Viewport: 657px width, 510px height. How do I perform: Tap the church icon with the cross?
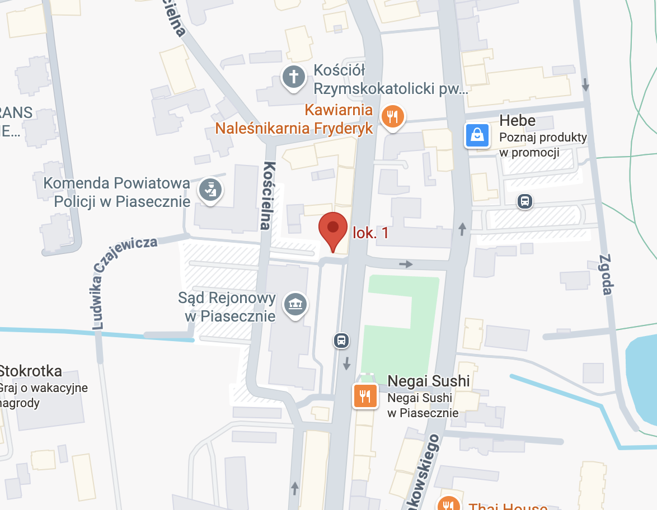tap(293, 77)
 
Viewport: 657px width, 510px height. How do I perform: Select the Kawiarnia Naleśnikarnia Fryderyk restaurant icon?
tap(392, 117)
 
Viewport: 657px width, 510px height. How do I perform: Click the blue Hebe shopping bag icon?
tap(477, 135)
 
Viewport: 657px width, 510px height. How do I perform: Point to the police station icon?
tap(210, 191)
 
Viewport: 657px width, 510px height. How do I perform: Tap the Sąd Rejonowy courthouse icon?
tap(295, 304)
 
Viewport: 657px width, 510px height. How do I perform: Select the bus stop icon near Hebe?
tap(524, 201)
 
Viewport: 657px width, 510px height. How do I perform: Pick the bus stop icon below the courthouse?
tap(341, 340)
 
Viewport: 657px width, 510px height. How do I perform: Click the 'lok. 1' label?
tap(370, 233)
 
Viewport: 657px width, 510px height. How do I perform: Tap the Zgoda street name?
tap(606, 275)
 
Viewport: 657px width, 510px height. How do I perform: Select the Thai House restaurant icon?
tap(448, 505)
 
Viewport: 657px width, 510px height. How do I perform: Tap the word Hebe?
tap(517, 121)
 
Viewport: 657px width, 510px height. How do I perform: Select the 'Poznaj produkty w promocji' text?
tap(542, 145)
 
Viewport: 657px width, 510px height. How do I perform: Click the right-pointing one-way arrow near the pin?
tap(406, 264)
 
